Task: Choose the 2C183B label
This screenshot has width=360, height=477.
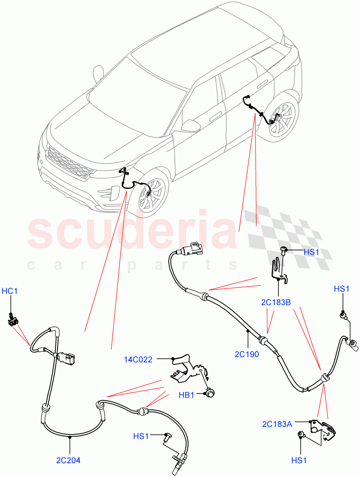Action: (x=276, y=302)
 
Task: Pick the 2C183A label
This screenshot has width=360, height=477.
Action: (x=277, y=424)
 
